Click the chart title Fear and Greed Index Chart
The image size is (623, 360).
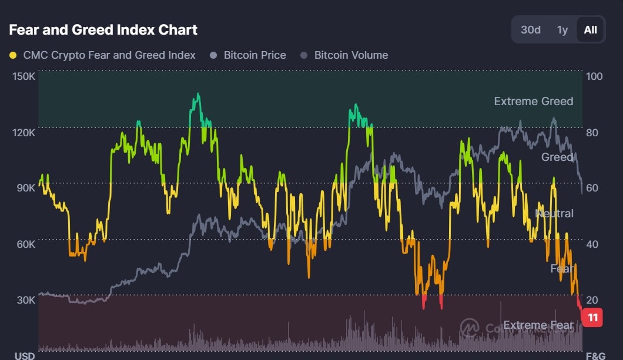point(103,29)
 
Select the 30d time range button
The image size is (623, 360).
point(530,29)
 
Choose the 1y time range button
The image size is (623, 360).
point(562,29)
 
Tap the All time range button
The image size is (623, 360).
point(590,29)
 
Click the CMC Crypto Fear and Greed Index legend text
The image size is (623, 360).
point(109,55)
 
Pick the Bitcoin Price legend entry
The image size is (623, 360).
point(255,55)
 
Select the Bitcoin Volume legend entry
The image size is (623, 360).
point(351,55)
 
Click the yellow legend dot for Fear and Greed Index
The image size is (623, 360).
point(13,55)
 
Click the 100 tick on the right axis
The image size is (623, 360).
point(594,76)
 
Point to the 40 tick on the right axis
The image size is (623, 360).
point(592,244)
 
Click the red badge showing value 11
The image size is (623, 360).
point(592,318)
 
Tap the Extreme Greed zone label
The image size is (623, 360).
point(533,101)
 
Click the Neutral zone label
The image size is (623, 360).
point(554,213)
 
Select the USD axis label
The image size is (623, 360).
point(24,356)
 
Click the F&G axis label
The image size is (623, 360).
point(595,356)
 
